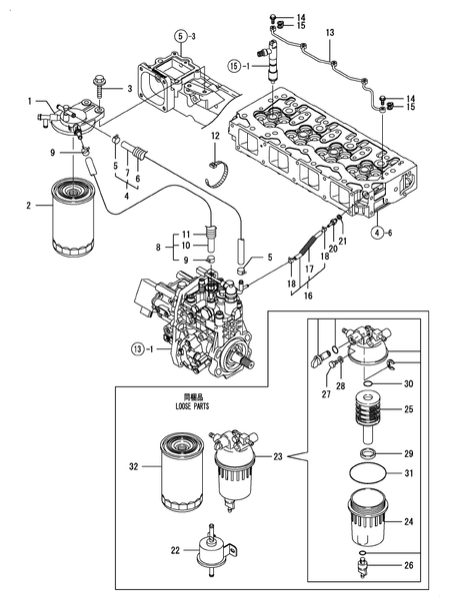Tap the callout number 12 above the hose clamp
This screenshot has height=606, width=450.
[214, 135]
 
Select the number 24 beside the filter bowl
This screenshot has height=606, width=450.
[408, 520]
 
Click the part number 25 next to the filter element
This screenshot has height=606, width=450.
[408, 409]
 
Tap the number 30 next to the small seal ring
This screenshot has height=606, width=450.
[408, 384]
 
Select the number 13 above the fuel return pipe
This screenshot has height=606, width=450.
[329, 34]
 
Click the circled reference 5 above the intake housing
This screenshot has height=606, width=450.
[178, 36]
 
